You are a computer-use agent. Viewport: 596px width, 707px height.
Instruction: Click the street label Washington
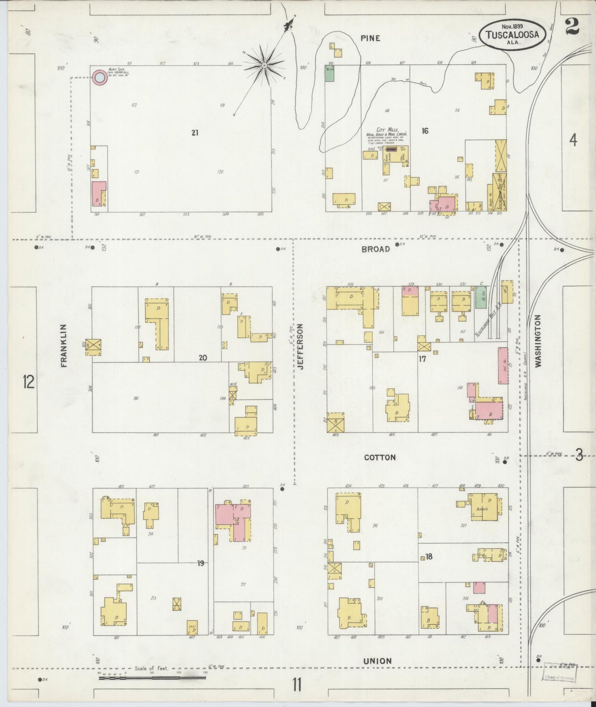pyautogui.click(x=537, y=341)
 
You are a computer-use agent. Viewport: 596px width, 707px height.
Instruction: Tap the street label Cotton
pyautogui.click(x=379, y=457)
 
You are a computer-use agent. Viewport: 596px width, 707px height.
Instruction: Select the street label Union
pyautogui.click(x=377, y=661)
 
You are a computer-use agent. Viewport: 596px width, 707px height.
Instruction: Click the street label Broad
pyautogui.click(x=375, y=249)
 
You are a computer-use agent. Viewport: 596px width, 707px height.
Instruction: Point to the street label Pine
pyautogui.click(x=370, y=38)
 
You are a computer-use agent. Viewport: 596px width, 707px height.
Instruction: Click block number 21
pyautogui.click(x=195, y=133)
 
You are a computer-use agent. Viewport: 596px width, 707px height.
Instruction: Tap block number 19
pyautogui.click(x=200, y=563)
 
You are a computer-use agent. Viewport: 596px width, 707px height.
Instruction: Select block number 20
pyautogui.click(x=203, y=358)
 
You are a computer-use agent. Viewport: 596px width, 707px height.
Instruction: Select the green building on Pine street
pyautogui.click(x=329, y=73)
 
